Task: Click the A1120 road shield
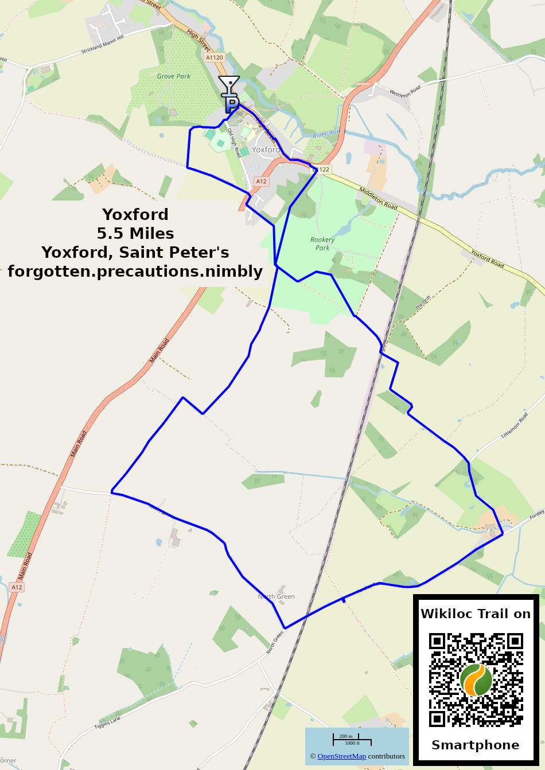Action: click(x=214, y=57)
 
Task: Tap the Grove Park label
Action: click(x=173, y=76)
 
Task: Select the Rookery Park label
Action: click(x=322, y=243)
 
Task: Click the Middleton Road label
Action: click(x=378, y=198)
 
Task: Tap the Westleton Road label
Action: click(x=405, y=91)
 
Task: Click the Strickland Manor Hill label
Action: click(x=102, y=45)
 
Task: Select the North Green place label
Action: click(x=277, y=596)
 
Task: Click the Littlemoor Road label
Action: click(x=514, y=426)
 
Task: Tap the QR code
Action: click(x=476, y=680)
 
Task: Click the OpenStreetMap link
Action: click(x=341, y=756)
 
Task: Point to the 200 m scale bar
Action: click(x=346, y=739)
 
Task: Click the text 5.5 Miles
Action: click(x=135, y=233)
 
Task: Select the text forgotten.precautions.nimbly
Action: click(x=135, y=271)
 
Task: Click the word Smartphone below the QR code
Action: click(x=475, y=745)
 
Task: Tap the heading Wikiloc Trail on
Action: click(x=476, y=614)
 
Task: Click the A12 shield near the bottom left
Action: click(x=17, y=587)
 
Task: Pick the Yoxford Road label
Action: click(x=487, y=258)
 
